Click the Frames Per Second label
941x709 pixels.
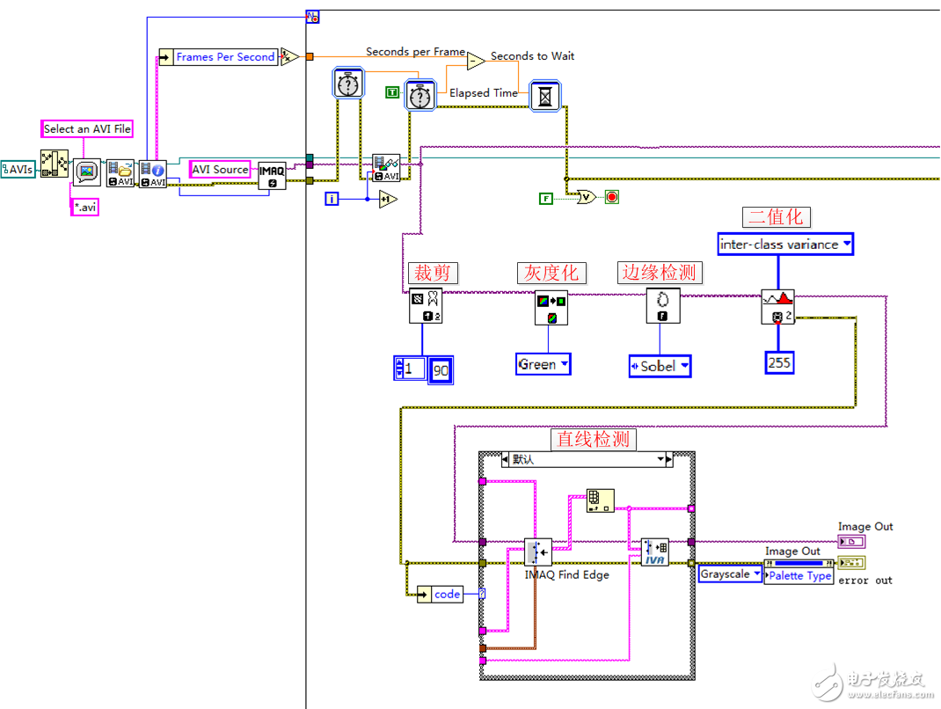225,57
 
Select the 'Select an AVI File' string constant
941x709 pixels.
87,128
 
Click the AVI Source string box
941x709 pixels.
220,169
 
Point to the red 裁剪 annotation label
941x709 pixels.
432,273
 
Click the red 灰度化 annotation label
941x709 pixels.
551,273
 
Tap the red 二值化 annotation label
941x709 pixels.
775,217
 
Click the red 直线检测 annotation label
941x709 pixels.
593,438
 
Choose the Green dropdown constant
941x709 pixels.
543,364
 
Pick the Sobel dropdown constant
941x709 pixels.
660,366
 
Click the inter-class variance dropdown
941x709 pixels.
784,245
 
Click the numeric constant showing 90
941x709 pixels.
441,370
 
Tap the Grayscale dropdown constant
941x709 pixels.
730,574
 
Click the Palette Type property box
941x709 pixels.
799,576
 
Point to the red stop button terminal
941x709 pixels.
611,197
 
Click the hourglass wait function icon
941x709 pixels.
545,95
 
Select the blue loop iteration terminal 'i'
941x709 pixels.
332,199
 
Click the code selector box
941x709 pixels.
447,595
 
